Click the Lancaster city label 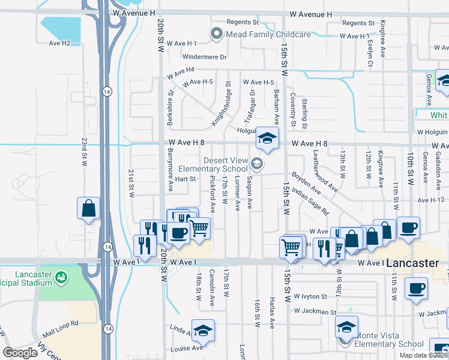[x=417, y=263]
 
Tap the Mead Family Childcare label [x=268, y=34]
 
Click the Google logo [x=20, y=353]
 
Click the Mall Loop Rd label [x=62, y=323]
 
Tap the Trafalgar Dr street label [x=253, y=101]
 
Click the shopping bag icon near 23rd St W [x=88, y=209]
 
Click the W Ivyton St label [x=310, y=296]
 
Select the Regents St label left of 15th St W [x=242, y=22]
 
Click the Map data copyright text [x=424, y=355]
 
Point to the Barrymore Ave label [x=170, y=176]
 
